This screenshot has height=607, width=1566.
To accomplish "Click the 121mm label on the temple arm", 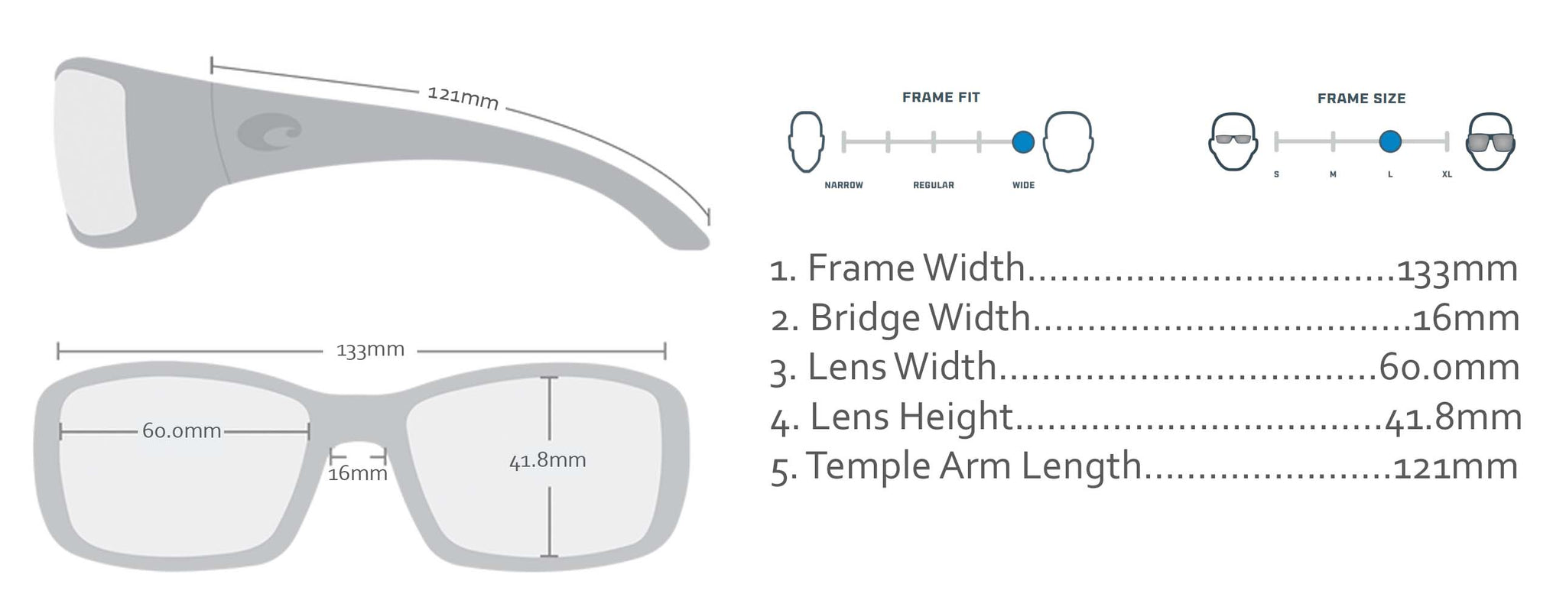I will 463,98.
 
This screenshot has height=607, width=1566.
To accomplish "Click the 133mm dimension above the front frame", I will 370,350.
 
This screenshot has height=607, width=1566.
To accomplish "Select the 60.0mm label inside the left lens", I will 182,431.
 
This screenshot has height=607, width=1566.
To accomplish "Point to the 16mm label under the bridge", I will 358,474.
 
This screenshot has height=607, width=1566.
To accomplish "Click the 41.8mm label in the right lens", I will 547,460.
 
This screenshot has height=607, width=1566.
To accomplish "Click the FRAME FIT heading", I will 941,97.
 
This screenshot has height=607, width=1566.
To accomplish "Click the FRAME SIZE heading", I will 1361,99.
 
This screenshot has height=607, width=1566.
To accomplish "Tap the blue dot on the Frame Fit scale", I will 1023,141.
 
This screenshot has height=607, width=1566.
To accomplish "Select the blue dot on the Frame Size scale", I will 1390,141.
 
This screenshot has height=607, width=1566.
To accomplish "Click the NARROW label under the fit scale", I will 843,185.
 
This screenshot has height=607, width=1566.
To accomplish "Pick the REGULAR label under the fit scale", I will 934,185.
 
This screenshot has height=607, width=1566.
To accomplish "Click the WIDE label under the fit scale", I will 1023,185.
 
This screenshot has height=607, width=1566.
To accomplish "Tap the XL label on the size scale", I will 1447,174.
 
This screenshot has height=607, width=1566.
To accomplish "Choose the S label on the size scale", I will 1276,174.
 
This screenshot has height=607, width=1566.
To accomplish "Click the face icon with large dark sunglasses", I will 1490,141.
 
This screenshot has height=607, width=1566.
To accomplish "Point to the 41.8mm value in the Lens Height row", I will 1453,417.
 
